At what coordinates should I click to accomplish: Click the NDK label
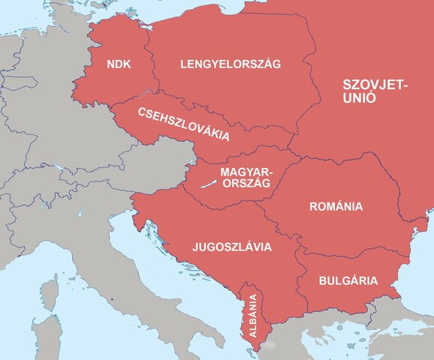click(x=119, y=64)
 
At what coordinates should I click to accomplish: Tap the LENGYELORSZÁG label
click(x=230, y=64)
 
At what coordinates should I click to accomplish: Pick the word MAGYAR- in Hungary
click(x=247, y=172)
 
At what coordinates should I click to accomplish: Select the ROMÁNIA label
click(x=336, y=206)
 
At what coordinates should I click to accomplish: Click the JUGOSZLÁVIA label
click(x=232, y=246)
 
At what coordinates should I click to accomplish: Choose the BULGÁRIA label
click(x=348, y=282)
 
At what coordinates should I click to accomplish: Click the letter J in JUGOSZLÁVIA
click(x=195, y=246)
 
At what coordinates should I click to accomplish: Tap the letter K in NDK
click(x=128, y=64)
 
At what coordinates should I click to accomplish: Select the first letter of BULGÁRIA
click(x=322, y=282)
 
